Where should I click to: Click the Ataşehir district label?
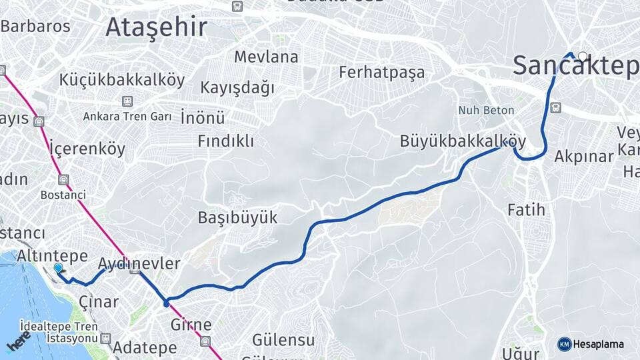coord(156,27)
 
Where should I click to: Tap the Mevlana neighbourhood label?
coord(266,57)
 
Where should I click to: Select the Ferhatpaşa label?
coord(381,72)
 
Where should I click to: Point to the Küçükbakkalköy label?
coord(122,80)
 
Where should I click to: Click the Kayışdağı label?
coord(237,87)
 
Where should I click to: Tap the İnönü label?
coord(203,118)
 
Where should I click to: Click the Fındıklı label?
coord(226,141)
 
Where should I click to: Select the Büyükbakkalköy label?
coord(463,141)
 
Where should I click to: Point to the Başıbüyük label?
coord(237,217)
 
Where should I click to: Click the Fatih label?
coord(526,210)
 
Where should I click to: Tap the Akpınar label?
coord(583,157)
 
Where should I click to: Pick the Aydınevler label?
coord(139,263)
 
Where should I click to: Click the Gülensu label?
coord(283,340)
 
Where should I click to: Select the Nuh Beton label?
coord(486,110)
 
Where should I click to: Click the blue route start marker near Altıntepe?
coord(58,268)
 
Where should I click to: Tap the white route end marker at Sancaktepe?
coord(583,57)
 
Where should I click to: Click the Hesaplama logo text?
coord(598,344)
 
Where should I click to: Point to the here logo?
coord(19,341)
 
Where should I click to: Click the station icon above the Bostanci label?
coord(63,180)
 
